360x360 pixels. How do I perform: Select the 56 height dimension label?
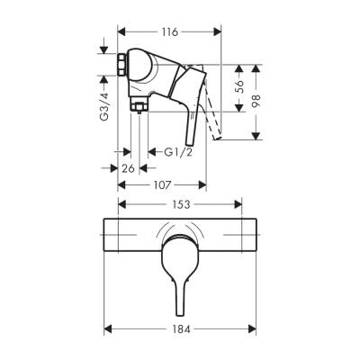pos(238,88)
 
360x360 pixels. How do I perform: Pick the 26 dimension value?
pos(128,167)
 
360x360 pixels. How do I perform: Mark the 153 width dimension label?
pos(179,206)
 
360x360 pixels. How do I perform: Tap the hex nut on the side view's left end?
pos(123,67)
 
